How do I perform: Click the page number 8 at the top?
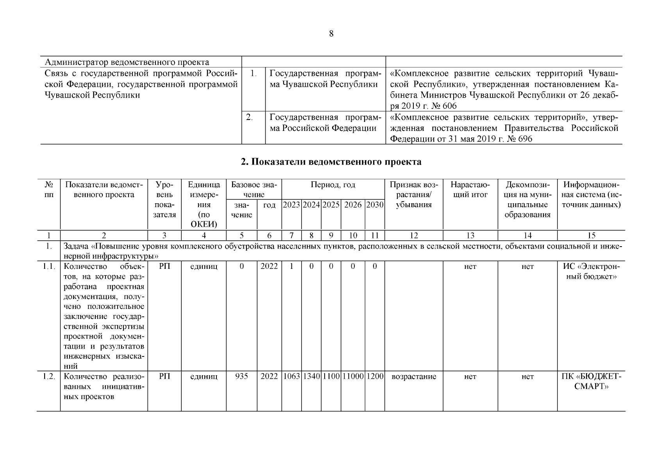(x=331, y=34)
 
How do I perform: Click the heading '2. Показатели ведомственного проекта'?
(x=331, y=162)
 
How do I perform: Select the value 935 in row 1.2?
(x=241, y=377)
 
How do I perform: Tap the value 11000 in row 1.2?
(x=353, y=377)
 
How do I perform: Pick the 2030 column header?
(x=375, y=205)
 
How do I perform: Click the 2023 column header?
(x=291, y=205)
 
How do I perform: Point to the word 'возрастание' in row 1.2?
(x=413, y=377)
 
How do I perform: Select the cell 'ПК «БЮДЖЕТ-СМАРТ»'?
(x=591, y=381)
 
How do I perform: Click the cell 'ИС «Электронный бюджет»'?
(x=591, y=272)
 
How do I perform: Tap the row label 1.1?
(x=48, y=267)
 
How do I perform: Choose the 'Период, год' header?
(x=333, y=184)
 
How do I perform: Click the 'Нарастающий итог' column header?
(x=470, y=190)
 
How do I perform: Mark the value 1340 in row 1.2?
(x=311, y=377)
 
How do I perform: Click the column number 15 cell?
(x=591, y=235)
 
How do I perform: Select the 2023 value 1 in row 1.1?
(x=291, y=267)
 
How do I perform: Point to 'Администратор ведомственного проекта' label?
(x=127, y=62)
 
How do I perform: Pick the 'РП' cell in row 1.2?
(x=164, y=377)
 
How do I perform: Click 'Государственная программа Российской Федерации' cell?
(x=325, y=123)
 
